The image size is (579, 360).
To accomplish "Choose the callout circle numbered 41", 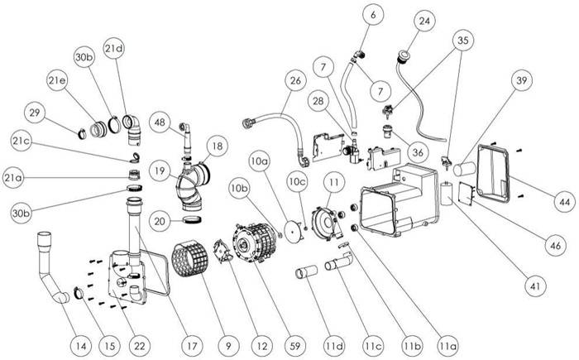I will click(536, 286).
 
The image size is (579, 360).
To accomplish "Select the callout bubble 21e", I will click(57, 80).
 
